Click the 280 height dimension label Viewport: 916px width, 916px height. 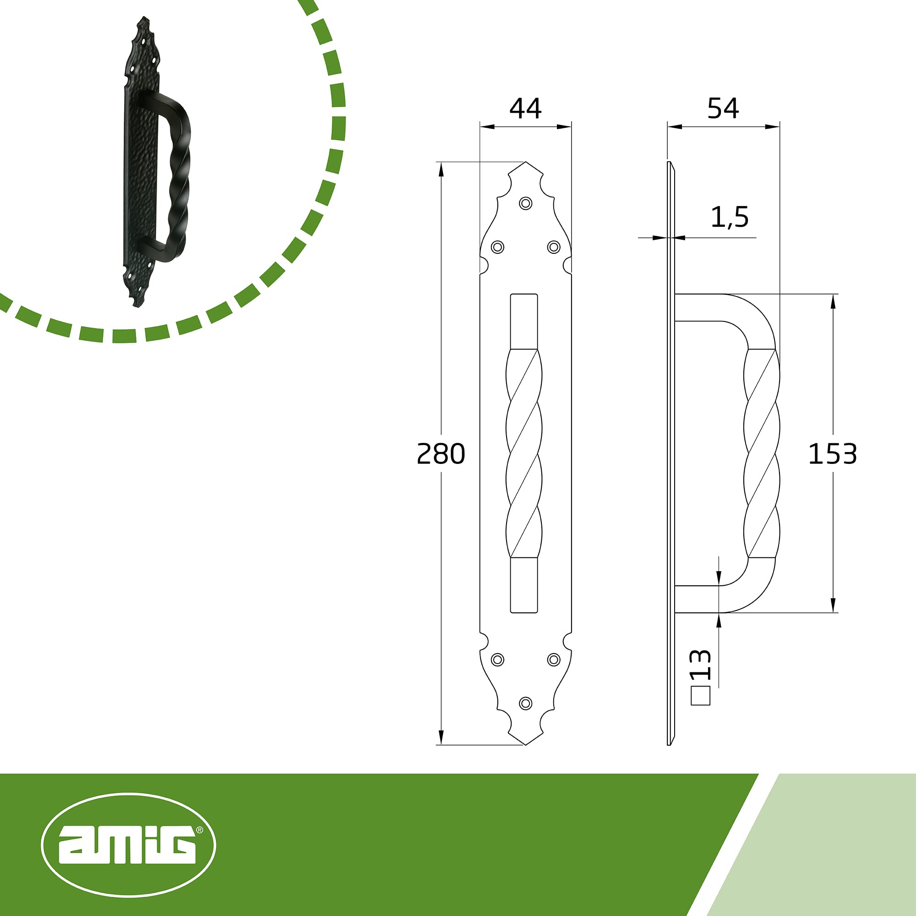tap(441, 454)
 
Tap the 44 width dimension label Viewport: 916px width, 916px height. tap(525, 109)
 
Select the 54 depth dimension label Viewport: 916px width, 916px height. tap(723, 109)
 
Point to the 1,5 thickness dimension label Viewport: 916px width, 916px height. tap(730, 217)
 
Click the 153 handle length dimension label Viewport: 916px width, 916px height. tap(833, 454)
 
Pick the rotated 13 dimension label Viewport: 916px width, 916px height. tap(700, 664)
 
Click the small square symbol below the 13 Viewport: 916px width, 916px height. tap(701, 696)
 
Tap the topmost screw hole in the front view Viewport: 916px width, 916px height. tap(525, 203)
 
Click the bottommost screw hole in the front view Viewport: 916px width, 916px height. tap(525, 703)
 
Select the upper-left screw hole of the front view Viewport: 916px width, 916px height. tap(497, 247)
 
